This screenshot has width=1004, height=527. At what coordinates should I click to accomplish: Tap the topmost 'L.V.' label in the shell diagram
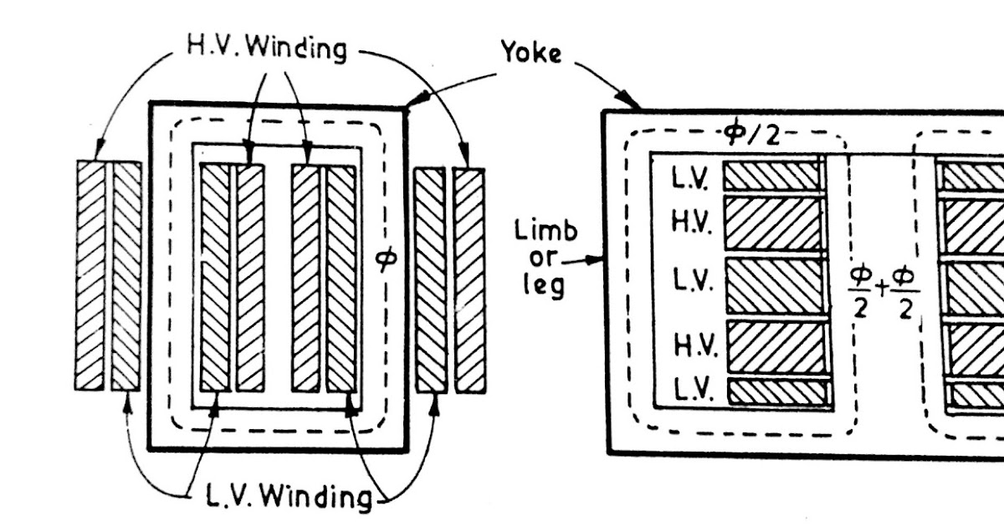[691, 178]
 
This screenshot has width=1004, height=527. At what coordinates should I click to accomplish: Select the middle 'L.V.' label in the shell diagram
[691, 283]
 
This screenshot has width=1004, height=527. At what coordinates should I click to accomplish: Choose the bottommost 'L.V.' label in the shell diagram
[691, 391]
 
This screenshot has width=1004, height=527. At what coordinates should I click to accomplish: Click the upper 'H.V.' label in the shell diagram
[691, 221]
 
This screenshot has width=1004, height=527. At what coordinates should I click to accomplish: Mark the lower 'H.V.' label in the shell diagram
[691, 344]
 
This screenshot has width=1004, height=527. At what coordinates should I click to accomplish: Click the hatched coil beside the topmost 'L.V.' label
[771, 176]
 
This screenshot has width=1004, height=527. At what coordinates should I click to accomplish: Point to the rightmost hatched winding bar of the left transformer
[469, 279]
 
